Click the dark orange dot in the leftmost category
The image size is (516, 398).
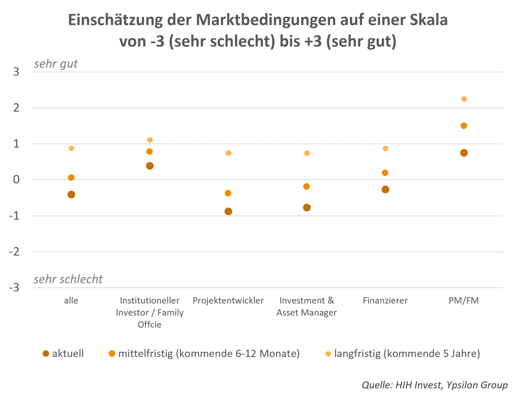pos(71,194)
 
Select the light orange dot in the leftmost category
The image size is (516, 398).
pos(71,148)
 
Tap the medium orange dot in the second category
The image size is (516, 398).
pos(150,151)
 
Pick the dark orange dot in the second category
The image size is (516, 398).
pos(150,166)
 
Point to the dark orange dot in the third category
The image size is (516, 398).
pos(228,210)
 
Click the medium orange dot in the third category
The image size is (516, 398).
pos(228,193)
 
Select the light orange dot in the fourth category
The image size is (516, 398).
pos(307,153)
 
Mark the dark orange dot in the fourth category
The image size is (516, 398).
pos(307,208)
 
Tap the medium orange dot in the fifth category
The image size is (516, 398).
pos(385,173)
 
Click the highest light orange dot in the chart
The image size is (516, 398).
pos(464,99)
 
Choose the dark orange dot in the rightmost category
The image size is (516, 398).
pos(464,153)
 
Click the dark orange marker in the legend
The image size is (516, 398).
pos(46,354)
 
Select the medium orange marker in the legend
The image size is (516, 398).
pos(112,354)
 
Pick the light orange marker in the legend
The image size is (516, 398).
pos(328,354)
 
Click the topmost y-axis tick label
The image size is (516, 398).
pos(17,72)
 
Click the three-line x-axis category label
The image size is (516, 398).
pos(149,313)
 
